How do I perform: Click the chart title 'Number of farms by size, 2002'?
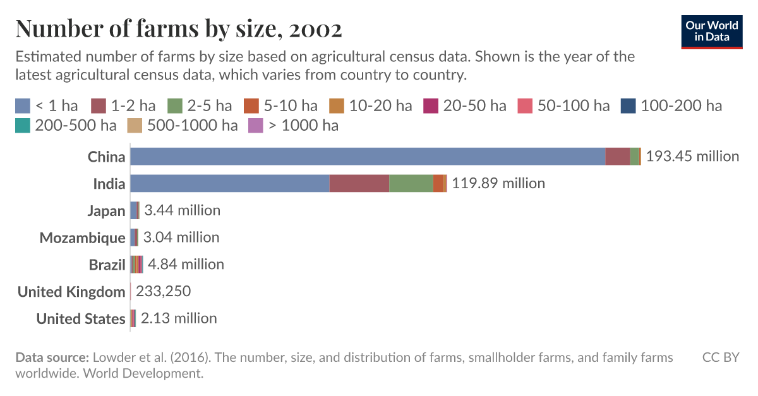(179, 28)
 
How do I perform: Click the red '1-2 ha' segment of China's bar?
(617, 156)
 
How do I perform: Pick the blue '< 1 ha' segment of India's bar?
(230, 183)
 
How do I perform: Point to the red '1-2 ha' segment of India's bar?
(359, 183)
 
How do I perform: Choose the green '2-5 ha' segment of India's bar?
(411, 183)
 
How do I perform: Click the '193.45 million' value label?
(692, 156)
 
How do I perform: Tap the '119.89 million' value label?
(498, 183)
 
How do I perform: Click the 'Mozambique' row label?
(83, 237)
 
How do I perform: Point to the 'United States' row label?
(81, 319)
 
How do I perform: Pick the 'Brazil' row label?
(107, 265)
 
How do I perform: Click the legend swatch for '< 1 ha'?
(23, 105)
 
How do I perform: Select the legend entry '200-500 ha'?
(66, 125)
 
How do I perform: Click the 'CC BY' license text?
(721, 357)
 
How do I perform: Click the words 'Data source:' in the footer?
(52, 357)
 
